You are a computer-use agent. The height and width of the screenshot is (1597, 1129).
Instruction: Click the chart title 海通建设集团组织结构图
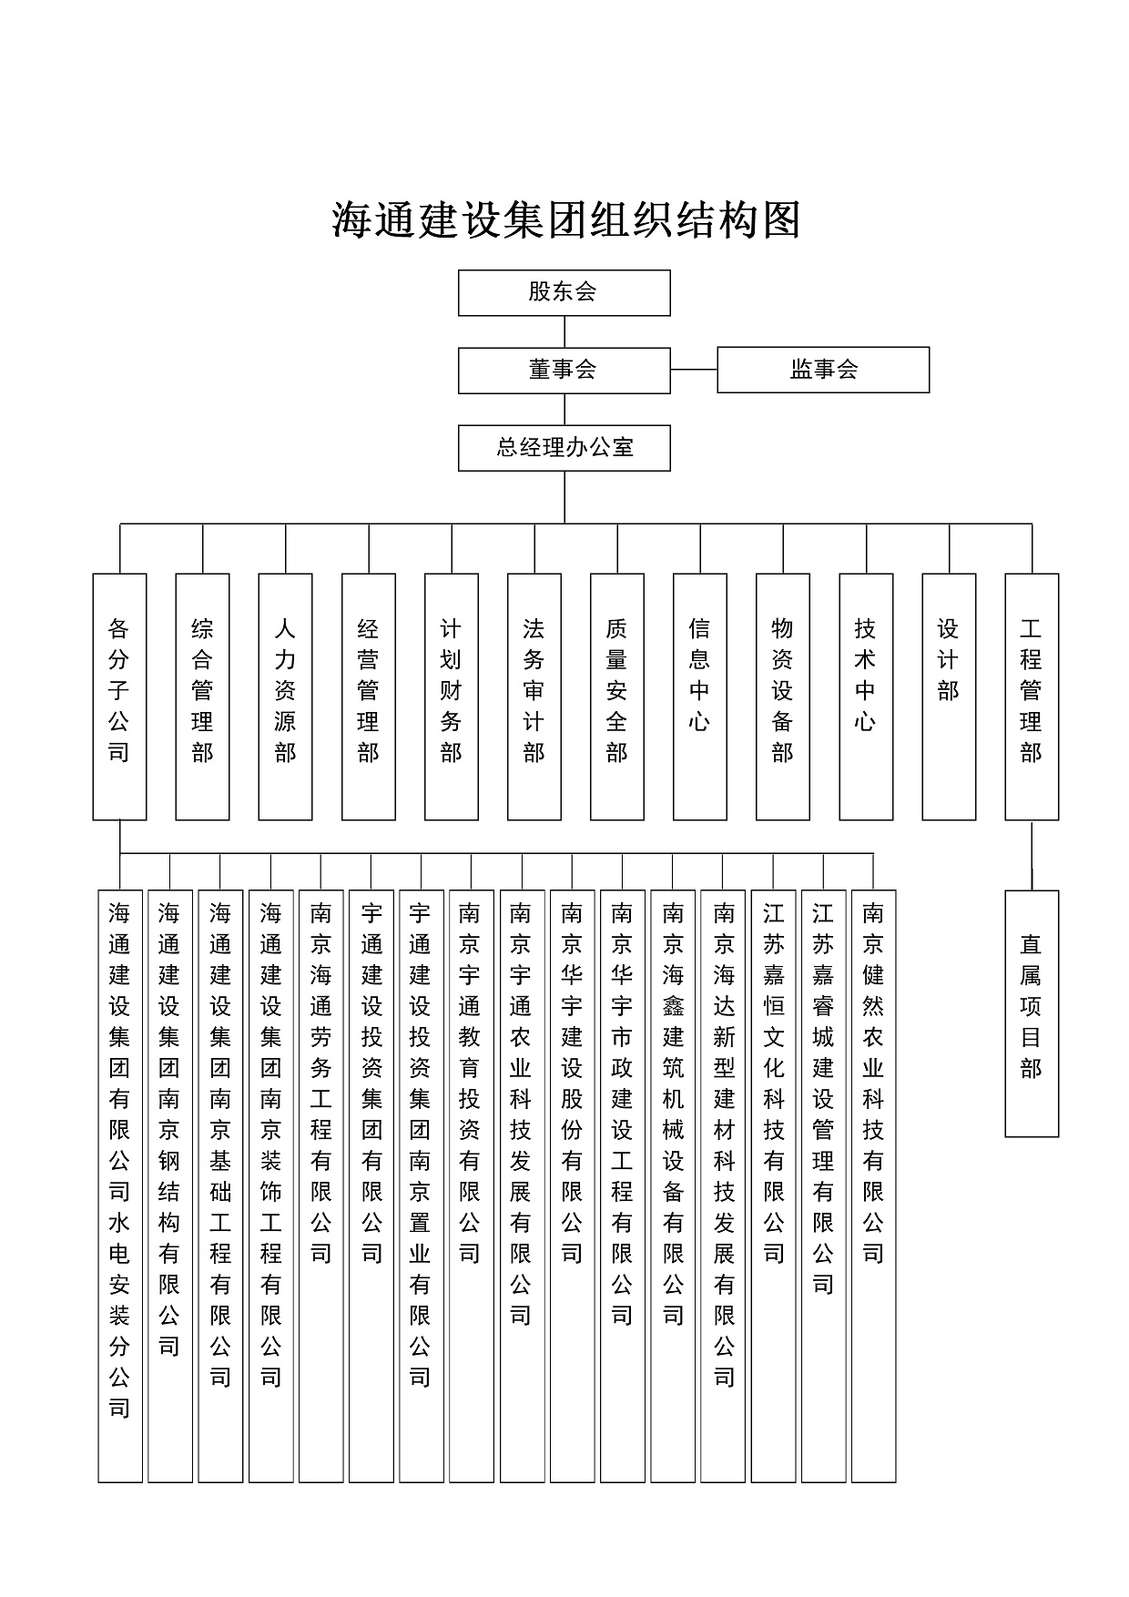pos(564,221)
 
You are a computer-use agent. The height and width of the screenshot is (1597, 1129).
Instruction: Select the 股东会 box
pos(564,292)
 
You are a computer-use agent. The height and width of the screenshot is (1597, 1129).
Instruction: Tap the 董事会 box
pos(564,370)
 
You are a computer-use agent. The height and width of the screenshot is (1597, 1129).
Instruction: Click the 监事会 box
pos(823,370)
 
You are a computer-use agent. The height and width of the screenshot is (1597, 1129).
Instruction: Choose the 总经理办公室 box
pos(564,448)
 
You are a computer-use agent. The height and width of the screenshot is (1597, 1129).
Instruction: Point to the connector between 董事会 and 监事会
pos(694,370)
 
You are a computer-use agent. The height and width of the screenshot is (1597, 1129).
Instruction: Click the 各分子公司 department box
pos(119,697)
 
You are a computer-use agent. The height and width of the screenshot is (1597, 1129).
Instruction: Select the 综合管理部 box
pos(202,697)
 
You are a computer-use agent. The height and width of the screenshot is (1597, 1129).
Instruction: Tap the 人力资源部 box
pos(285,697)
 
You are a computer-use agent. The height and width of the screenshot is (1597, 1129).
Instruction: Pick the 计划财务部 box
pos(452,697)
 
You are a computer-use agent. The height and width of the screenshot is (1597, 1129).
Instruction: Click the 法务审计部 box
pos(534,697)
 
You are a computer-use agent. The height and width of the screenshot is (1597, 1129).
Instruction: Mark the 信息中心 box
pos(700,697)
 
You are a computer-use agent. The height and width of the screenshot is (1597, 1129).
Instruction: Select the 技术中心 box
pos(866,697)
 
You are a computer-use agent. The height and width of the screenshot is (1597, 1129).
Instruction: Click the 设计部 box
pos(949,697)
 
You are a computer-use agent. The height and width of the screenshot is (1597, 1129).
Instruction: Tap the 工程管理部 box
pos(1032,697)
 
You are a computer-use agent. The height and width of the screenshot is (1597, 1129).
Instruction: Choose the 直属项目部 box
pos(1032,1013)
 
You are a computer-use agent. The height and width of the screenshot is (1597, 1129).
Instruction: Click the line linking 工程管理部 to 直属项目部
pos(1032,855)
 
